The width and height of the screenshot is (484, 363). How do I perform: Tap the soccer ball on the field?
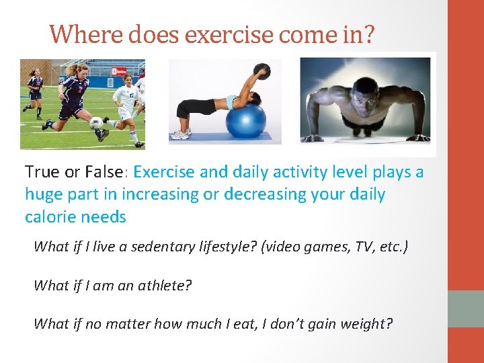(96, 122)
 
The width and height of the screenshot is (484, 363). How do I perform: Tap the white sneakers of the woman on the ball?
(180, 134)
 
